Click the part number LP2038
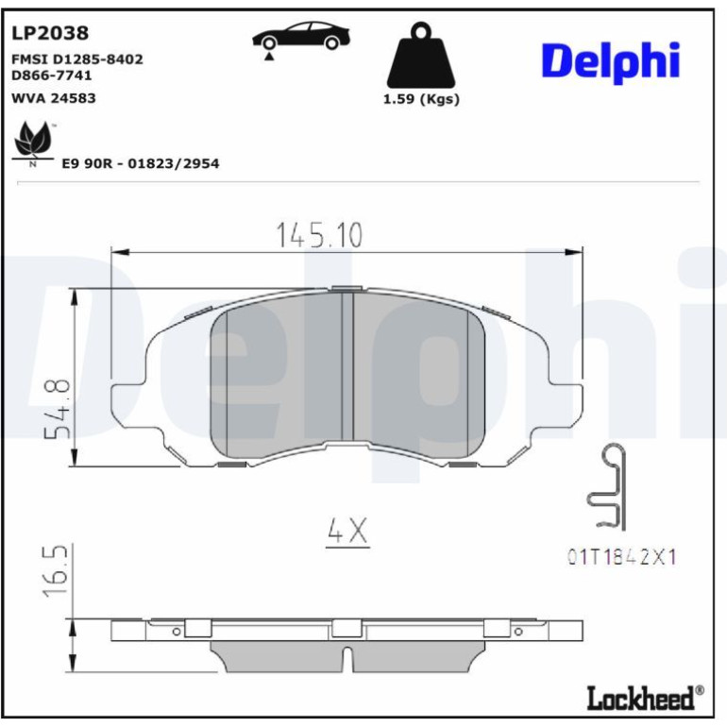click(50, 33)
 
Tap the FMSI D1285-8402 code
click(77, 59)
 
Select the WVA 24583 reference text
click(53, 98)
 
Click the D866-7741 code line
click(52, 76)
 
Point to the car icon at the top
click(301, 37)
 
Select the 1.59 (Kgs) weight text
click(421, 99)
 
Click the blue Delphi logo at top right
click(611, 61)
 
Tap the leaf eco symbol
click(32, 143)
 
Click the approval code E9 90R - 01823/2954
click(141, 163)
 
